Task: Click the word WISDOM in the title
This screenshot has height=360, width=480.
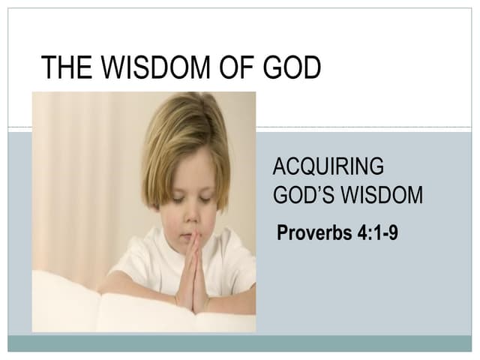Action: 149,68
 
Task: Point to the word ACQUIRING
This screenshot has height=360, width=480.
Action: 328,166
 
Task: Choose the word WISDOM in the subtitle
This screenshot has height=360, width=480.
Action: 382,196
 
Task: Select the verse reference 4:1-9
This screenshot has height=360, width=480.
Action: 373,232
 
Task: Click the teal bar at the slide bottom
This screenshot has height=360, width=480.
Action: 240,343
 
